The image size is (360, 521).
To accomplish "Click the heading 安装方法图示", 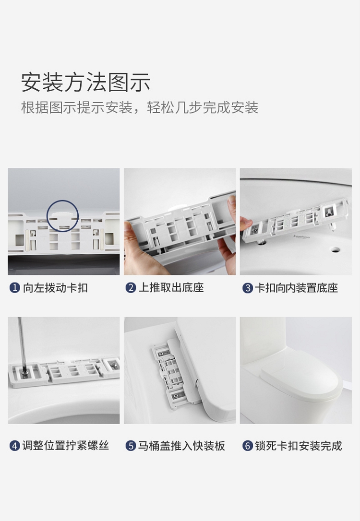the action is pyautogui.click(x=85, y=82).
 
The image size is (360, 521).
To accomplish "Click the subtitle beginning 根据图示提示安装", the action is pyautogui.click(x=140, y=107).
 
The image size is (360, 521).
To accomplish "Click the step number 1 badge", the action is pyautogui.click(x=14, y=287).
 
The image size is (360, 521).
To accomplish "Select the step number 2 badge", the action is pyautogui.click(x=131, y=287).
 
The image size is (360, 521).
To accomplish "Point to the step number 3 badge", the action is pyautogui.click(x=247, y=288).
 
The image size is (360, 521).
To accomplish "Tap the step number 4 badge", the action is pyautogui.click(x=14, y=446).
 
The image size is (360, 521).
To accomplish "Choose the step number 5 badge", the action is pyautogui.click(x=131, y=446).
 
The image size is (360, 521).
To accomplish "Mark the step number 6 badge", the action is pyautogui.click(x=247, y=446).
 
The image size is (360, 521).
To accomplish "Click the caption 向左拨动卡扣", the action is pyautogui.click(x=55, y=288).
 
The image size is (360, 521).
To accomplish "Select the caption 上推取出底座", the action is pyautogui.click(x=171, y=287).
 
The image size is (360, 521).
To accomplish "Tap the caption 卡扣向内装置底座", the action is pyautogui.click(x=297, y=288).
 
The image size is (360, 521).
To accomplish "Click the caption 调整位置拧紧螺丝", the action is pyautogui.click(x=65, y=446).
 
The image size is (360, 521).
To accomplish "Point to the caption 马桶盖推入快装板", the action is pyautogui.click(x=181, y=446).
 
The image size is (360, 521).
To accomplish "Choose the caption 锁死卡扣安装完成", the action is pyautogui.click(x=299, y=446).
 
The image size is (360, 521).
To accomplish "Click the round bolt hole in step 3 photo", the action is pyautogui.click(x=335, y=249).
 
